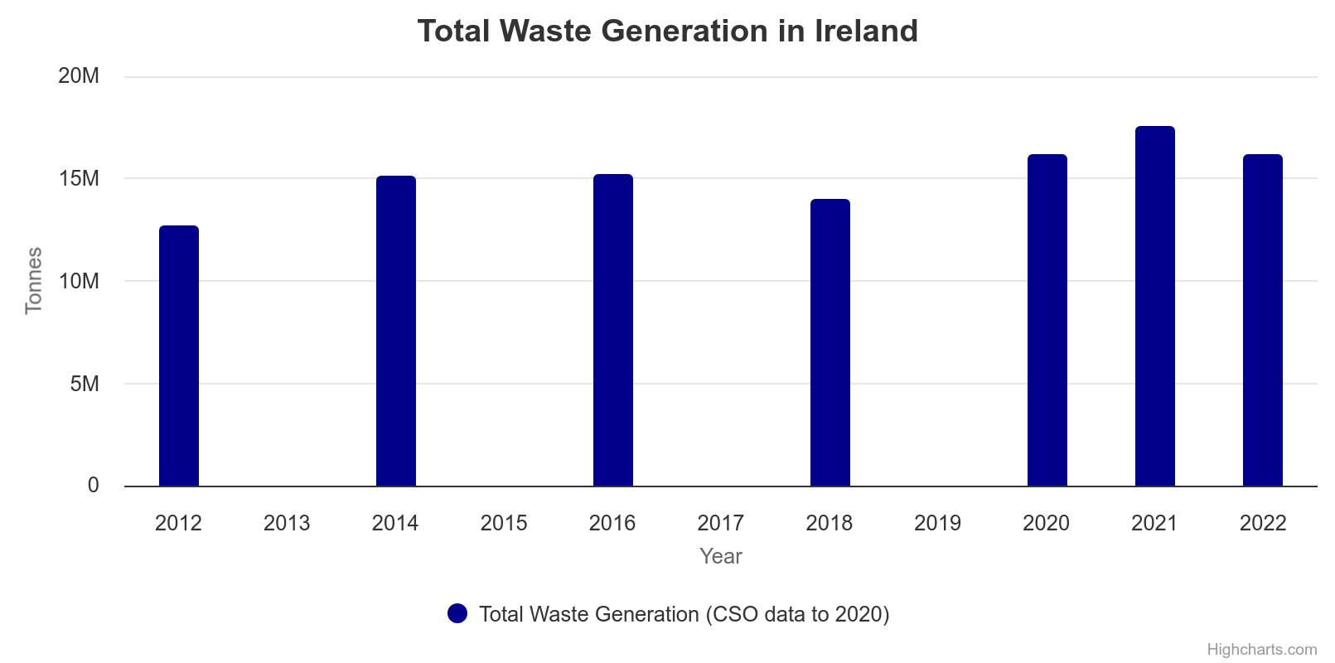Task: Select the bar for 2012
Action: click(x=179, y=356)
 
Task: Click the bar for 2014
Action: click(x=396, y=331)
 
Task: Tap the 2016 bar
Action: click(x=613, y=331)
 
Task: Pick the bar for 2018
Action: click(x=830, y=343)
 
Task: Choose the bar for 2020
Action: click(x=1047, y=321)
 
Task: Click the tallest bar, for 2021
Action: click(x=1155, y=307)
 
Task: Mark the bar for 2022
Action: click(x=1263, y=321)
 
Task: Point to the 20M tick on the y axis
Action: click(x=79, y=76)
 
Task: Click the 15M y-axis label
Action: click(x=79, y=179)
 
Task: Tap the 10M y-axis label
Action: click(x=79, y=282)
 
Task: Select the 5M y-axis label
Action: click(x=85, y=384)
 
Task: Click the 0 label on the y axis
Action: click(x=94, y=486)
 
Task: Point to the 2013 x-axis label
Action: click(x=287, y=523)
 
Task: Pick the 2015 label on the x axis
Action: click(x=504, y=523)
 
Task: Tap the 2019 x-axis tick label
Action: click(x=937, y=523)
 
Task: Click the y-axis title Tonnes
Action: click(x=34, y=281)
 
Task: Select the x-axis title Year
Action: click(x=721, y=556)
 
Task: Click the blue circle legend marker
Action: click(x=457, y=613)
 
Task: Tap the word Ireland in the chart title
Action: click(x=867, y=31)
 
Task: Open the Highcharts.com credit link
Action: click(x=1261, y=649)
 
